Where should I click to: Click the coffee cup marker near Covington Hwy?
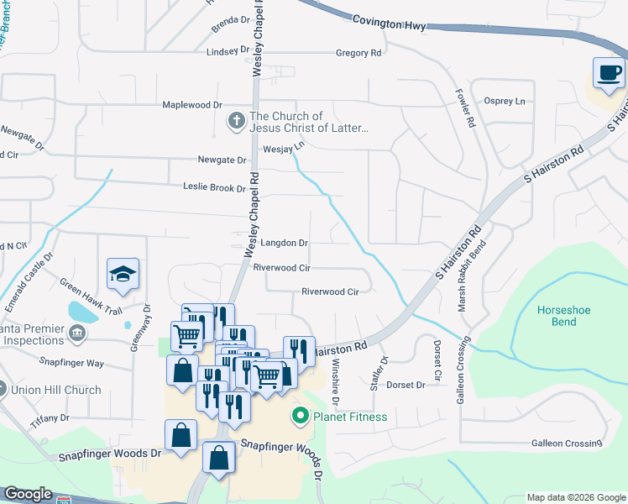click(609, 73)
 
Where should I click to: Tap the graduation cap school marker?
click(123, 274)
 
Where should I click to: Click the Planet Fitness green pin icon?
click(299, 416)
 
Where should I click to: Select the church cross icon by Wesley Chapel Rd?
click(236, 123)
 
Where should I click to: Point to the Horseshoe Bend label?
click(563, 316)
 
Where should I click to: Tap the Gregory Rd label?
click(358, 53)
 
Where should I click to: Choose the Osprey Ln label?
click(505, 101)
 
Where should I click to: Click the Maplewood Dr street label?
click(192, 105)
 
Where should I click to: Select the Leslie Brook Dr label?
click(214, 188)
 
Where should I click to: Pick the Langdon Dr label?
click(284, 243)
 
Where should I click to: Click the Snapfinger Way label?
click(72, 363)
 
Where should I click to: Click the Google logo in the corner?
click(28, 494)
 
